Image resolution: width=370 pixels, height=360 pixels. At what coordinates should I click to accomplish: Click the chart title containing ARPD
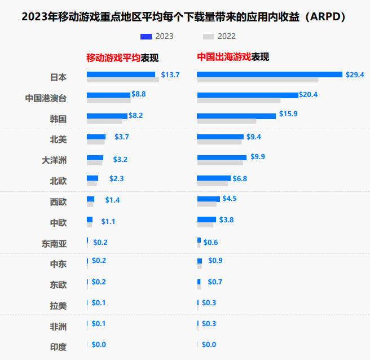[185, 17]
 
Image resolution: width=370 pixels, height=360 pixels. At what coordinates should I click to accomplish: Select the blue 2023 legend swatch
[147, 37]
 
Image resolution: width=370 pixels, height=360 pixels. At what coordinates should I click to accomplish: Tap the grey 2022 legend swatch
[209, 37]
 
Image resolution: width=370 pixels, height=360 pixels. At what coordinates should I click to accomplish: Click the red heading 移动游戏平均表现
[122, 58]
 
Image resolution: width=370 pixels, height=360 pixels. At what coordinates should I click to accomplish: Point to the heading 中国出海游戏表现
[233, 57]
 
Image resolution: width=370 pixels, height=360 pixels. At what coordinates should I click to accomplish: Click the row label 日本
[59, 77]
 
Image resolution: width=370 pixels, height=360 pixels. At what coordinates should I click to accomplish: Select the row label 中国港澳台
[46, 98]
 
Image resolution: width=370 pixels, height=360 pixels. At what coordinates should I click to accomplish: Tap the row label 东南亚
[54, 243]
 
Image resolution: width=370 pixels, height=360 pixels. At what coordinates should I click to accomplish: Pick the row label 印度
[59, 346]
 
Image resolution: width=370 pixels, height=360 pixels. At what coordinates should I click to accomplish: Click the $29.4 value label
[355, 74]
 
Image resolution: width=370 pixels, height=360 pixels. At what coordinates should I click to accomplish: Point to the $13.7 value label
[170, 74]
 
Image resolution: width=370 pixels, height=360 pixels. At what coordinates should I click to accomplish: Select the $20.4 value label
[309, 95]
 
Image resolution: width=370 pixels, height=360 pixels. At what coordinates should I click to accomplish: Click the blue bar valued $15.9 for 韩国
[236, 116]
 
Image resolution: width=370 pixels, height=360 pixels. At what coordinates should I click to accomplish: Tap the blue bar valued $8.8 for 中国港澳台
[108, 95]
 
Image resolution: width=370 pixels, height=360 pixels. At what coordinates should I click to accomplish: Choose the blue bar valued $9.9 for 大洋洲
[222, 157]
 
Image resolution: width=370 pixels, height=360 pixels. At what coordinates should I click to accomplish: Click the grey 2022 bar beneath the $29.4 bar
[257, 80]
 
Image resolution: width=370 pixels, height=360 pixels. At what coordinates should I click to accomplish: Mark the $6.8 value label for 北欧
[240, 178]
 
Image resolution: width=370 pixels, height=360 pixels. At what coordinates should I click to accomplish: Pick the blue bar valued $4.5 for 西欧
[208, 199]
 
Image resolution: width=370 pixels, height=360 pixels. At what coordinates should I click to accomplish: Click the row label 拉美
[59, 305]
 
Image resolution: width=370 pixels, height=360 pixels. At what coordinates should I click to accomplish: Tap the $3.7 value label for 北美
[122, 137]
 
